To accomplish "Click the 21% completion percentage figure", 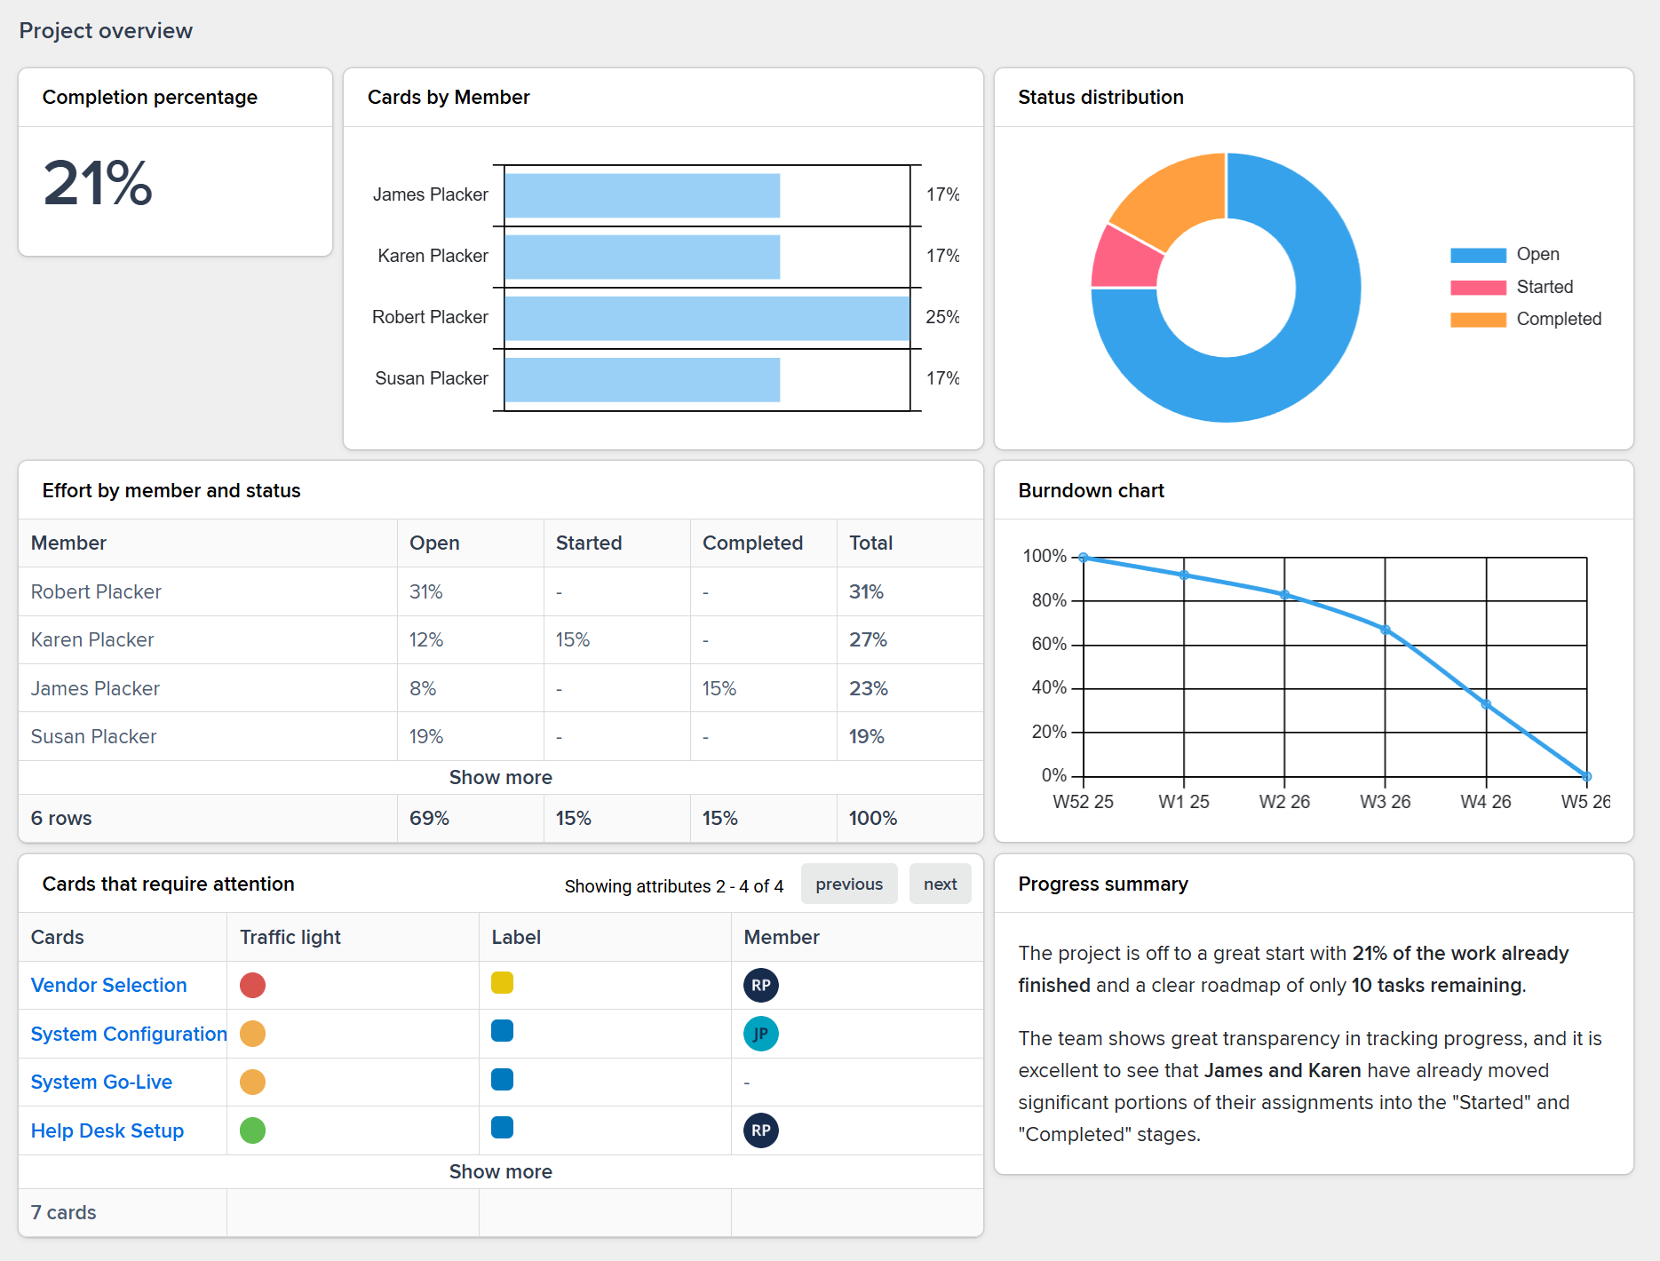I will point(98,184).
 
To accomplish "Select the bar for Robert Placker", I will point(706,318).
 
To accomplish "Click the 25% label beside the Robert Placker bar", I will point(941,317).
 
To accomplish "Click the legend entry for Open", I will point(1537,255).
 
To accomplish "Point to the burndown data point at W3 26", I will point(1386,630).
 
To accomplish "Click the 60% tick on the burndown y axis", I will point(1048,644).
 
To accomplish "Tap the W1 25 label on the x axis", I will point(1183,802).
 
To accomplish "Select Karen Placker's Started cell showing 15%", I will point(573,640).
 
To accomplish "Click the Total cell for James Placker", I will point(868,688).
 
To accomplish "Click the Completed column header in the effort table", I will point(752,543).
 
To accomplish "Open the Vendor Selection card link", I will point(108,986).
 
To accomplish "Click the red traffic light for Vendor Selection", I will point(253,986).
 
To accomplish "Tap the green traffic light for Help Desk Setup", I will point(253,1130).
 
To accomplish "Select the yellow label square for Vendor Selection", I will point(502,983).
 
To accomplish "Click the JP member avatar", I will point(760,1034).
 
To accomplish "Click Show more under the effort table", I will point(500,778).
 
